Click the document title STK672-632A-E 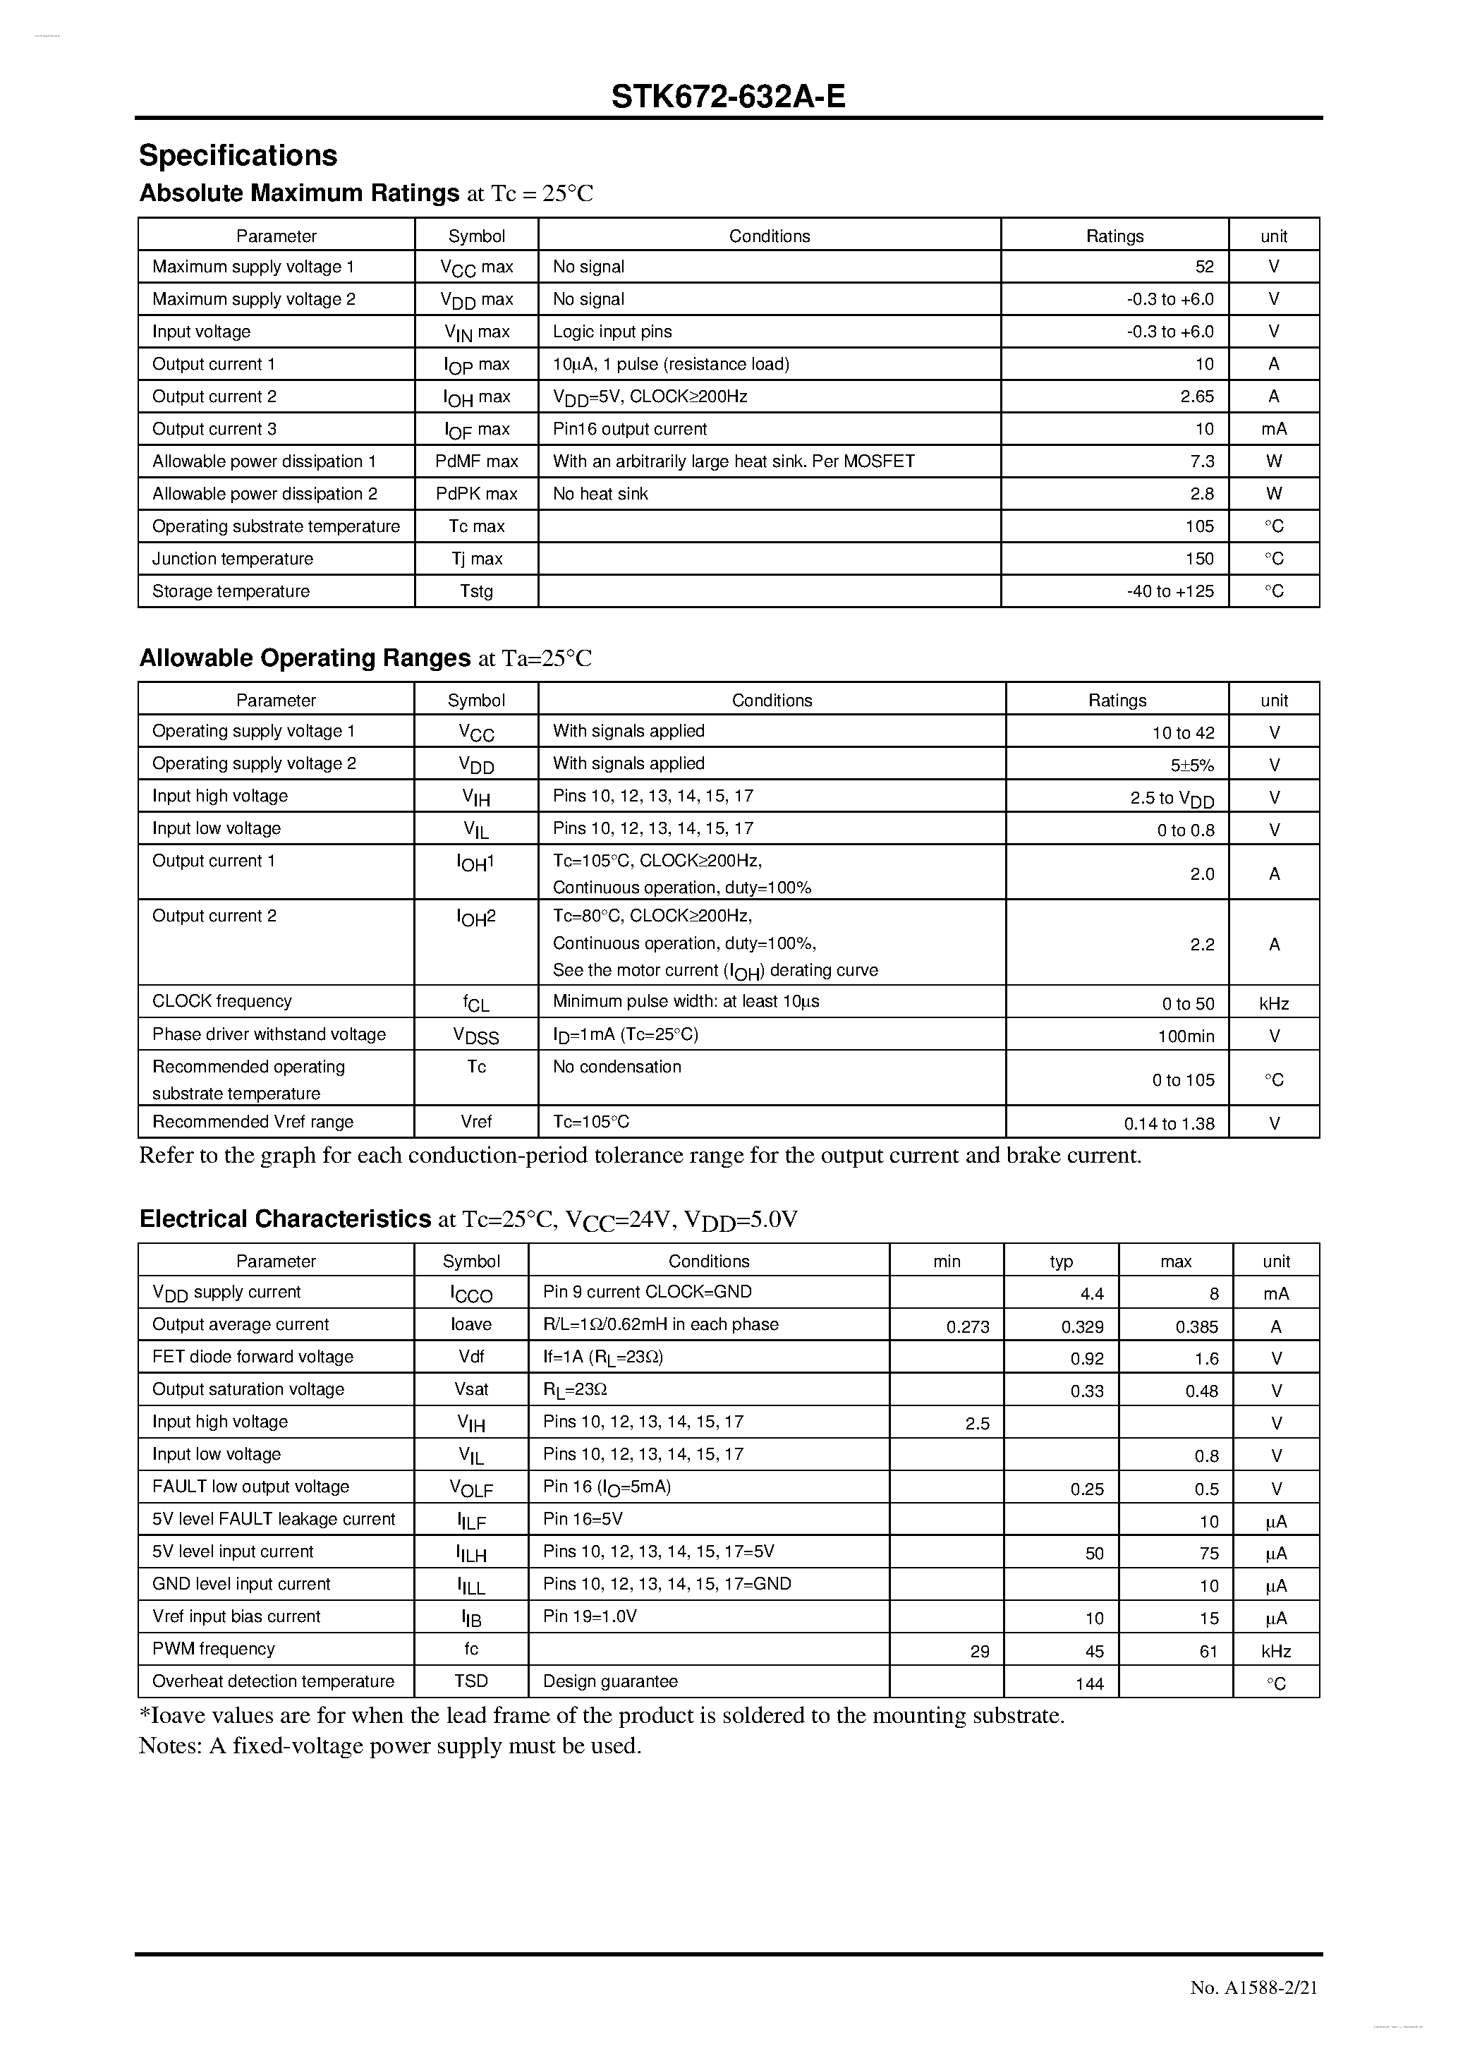pyautogui.click(x=728, y=95)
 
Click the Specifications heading pyautogui.click(x=238, y=155)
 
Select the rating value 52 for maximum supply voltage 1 pyautogui.click(x=1204, y=267)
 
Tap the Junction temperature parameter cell pyautogui.click(x=233, y=559)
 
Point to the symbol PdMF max pyautogui.click(x=476, y=462)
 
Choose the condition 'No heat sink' pyautogui.click(x=600, y=494)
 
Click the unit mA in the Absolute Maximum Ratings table pyautogui.click(x=1273, y=430)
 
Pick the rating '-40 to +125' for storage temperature pyautogui.click(x=1170, y=591)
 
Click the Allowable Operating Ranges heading pyautogui.click(x=305, y=658)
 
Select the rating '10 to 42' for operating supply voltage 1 pyautogui.click(x=1182, y=733)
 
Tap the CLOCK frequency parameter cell pyautogui.click(x=222, y=1001)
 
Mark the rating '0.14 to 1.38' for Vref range pyautogui.click(x=1169, y=1124)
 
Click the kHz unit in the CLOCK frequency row pyautogui.click(x=1273, y=1005)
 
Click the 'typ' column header pyautogui.click(x=1061, y=1262)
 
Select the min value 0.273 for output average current pyautogui.click(x=968, y=1327)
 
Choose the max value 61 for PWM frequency pyautogui.click(x=1208, y=1652)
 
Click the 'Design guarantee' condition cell pyautogui.click(x=610, y=1681)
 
